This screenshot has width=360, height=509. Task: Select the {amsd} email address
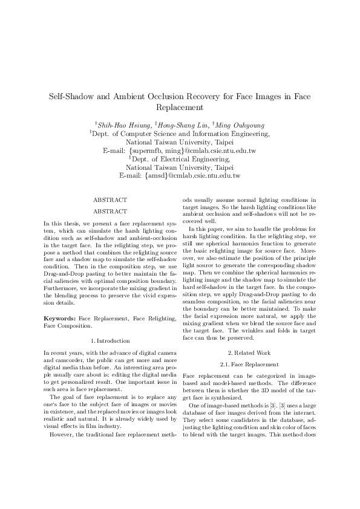[192, 176]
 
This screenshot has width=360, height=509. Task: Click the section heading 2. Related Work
[250, 352]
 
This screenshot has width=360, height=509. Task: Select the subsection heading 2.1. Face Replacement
[250, 365]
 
